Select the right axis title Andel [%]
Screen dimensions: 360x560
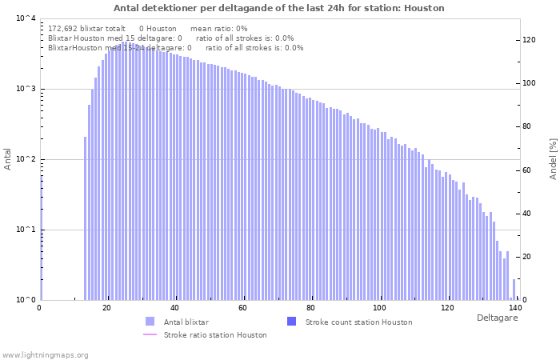tap(552, 158)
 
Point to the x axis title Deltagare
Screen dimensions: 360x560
tap(497, 318)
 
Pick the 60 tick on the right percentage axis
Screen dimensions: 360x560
tap(527, 170)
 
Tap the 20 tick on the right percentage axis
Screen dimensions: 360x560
tap(527, 257)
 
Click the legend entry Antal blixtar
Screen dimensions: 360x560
tap(186, 322)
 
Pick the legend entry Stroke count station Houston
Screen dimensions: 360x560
tap(358, 322)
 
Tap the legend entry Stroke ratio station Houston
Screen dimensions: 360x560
tap(215, 334)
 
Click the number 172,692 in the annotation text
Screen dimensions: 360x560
tap(66, 28)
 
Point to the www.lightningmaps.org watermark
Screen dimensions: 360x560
tap(44, 354)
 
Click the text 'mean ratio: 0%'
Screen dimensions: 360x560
tap(218, 28)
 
